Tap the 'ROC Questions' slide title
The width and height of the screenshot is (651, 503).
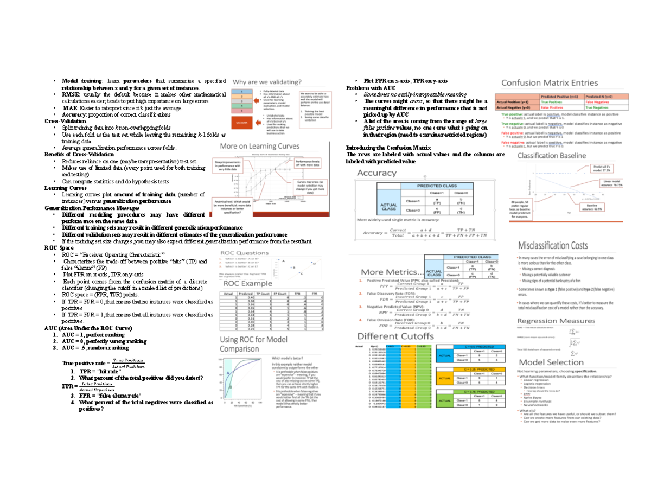[x=244, y=253]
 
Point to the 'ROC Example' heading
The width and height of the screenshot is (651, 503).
[x=246, y=283]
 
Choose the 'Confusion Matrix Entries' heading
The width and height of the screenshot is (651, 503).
[x=549, y=83]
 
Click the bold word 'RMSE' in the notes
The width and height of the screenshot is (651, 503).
[x=70, y=94]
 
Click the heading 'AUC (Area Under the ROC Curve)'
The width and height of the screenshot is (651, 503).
[x=87, y=328]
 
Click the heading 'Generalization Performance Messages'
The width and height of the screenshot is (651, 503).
[x=92, y=208]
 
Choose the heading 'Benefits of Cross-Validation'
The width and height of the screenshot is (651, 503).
[x=79, y=155]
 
